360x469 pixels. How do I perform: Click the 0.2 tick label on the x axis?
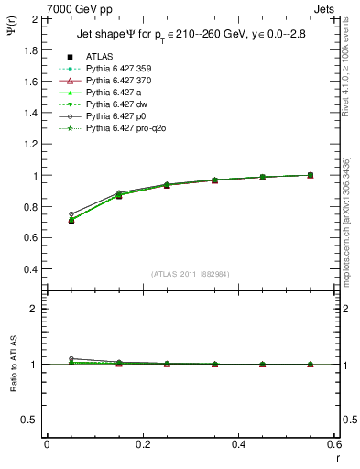143,444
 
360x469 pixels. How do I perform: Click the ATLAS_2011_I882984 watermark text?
189,274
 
